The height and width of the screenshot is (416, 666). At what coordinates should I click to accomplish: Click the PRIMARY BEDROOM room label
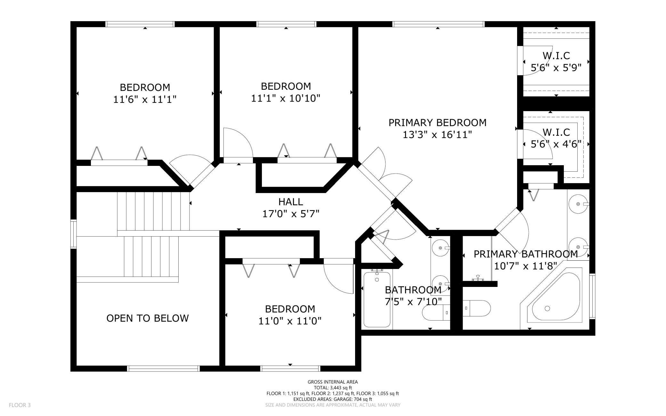pyautogui.click(x=437, y=123)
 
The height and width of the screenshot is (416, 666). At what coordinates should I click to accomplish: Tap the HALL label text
pyautogui.click(x=290, y=202)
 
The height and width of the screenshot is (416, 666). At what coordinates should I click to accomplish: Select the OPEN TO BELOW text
pyautogui.click(x=148, y=318)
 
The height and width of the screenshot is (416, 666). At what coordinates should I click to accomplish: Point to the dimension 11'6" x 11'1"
pyautogui.click(x=145, y=100)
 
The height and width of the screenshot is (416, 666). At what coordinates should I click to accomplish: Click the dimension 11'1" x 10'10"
pyautogui.click(x=286, y=98)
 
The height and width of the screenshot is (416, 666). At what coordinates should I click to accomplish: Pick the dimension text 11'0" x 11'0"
pyautogui.click(x=290, y=321)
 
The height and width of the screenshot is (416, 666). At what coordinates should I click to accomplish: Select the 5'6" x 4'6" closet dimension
pyautogui.click(x=556, y=144)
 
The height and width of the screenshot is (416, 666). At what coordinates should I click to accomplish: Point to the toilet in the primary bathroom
pyautogui.click(x=476, y=308)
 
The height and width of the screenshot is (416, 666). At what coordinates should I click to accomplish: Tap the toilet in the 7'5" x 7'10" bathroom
pyautogui.click(x=436, y=313)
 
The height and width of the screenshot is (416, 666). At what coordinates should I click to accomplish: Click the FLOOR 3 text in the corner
pyautogui.click(x=20, y=405)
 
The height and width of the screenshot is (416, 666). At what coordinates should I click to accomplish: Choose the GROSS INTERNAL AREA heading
pyautogui.click(x=333, y=382)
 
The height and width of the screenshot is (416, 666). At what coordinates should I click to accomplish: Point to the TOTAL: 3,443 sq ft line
pyautogui.click(x=333, y=387)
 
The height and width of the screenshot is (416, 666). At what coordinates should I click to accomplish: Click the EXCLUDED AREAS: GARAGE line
pyautogui.click(x=333, y=399)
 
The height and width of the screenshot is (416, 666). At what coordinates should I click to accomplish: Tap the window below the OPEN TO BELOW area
pyautogui.click(x=164, y=369)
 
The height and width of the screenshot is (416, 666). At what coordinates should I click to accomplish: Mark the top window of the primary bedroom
pyautogui.click(x=438, y=24)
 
